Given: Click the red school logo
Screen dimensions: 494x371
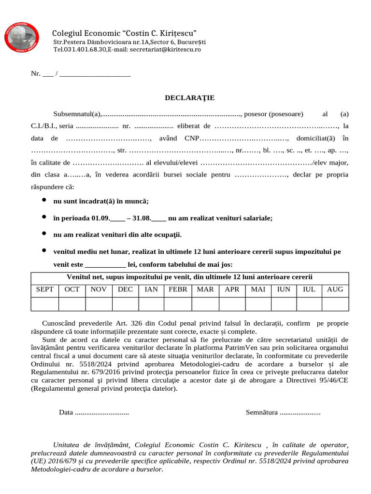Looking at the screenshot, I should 22,36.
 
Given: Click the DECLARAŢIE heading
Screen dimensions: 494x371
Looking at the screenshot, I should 190,98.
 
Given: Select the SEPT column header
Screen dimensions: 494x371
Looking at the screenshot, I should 45,289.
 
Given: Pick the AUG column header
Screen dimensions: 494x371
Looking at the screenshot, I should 335,289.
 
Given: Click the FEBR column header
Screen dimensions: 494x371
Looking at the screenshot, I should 178,289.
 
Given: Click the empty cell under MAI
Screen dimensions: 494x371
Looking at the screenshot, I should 258,304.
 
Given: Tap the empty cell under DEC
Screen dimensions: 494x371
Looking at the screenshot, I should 125,304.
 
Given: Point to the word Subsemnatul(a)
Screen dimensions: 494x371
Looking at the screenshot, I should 77,114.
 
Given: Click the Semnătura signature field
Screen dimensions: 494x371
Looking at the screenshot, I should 283,412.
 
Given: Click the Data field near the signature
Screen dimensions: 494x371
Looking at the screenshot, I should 94,412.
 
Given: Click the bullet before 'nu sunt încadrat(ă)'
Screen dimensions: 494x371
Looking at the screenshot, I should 44,200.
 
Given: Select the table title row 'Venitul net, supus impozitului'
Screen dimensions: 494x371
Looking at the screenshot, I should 189,277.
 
